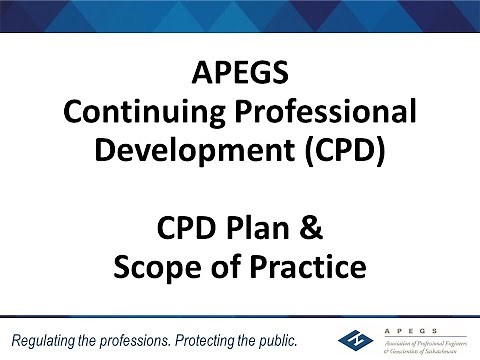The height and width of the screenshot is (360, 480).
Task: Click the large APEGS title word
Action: click(240, 76)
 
